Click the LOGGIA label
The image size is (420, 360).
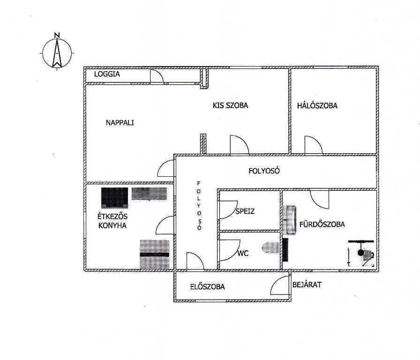tap(107, 74)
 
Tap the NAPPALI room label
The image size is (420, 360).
tap(120, 123)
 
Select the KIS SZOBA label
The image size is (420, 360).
tap(230, 105)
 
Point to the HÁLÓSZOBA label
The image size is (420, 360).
tap(317, 105)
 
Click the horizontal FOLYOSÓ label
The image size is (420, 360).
tap(264, 171)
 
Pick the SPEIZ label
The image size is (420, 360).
tap(245, 211)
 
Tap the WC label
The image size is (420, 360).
tap(243, 253)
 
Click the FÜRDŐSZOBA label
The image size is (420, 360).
tap(322, 224)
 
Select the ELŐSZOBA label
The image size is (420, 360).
tap(208, 286)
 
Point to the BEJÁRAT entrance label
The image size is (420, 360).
tap(307, 285)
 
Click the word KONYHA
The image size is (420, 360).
tap(112, 225)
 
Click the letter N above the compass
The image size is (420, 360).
tap(57, 35)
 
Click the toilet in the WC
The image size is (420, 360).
tap(271, 247)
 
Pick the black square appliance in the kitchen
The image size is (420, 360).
tap(115, 198)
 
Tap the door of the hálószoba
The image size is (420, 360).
tap(314, 145)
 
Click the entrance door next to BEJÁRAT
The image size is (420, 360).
tap(280, 285)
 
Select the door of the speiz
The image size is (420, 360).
tap(228, 210)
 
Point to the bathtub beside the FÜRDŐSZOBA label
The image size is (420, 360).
tap(290, 220)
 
